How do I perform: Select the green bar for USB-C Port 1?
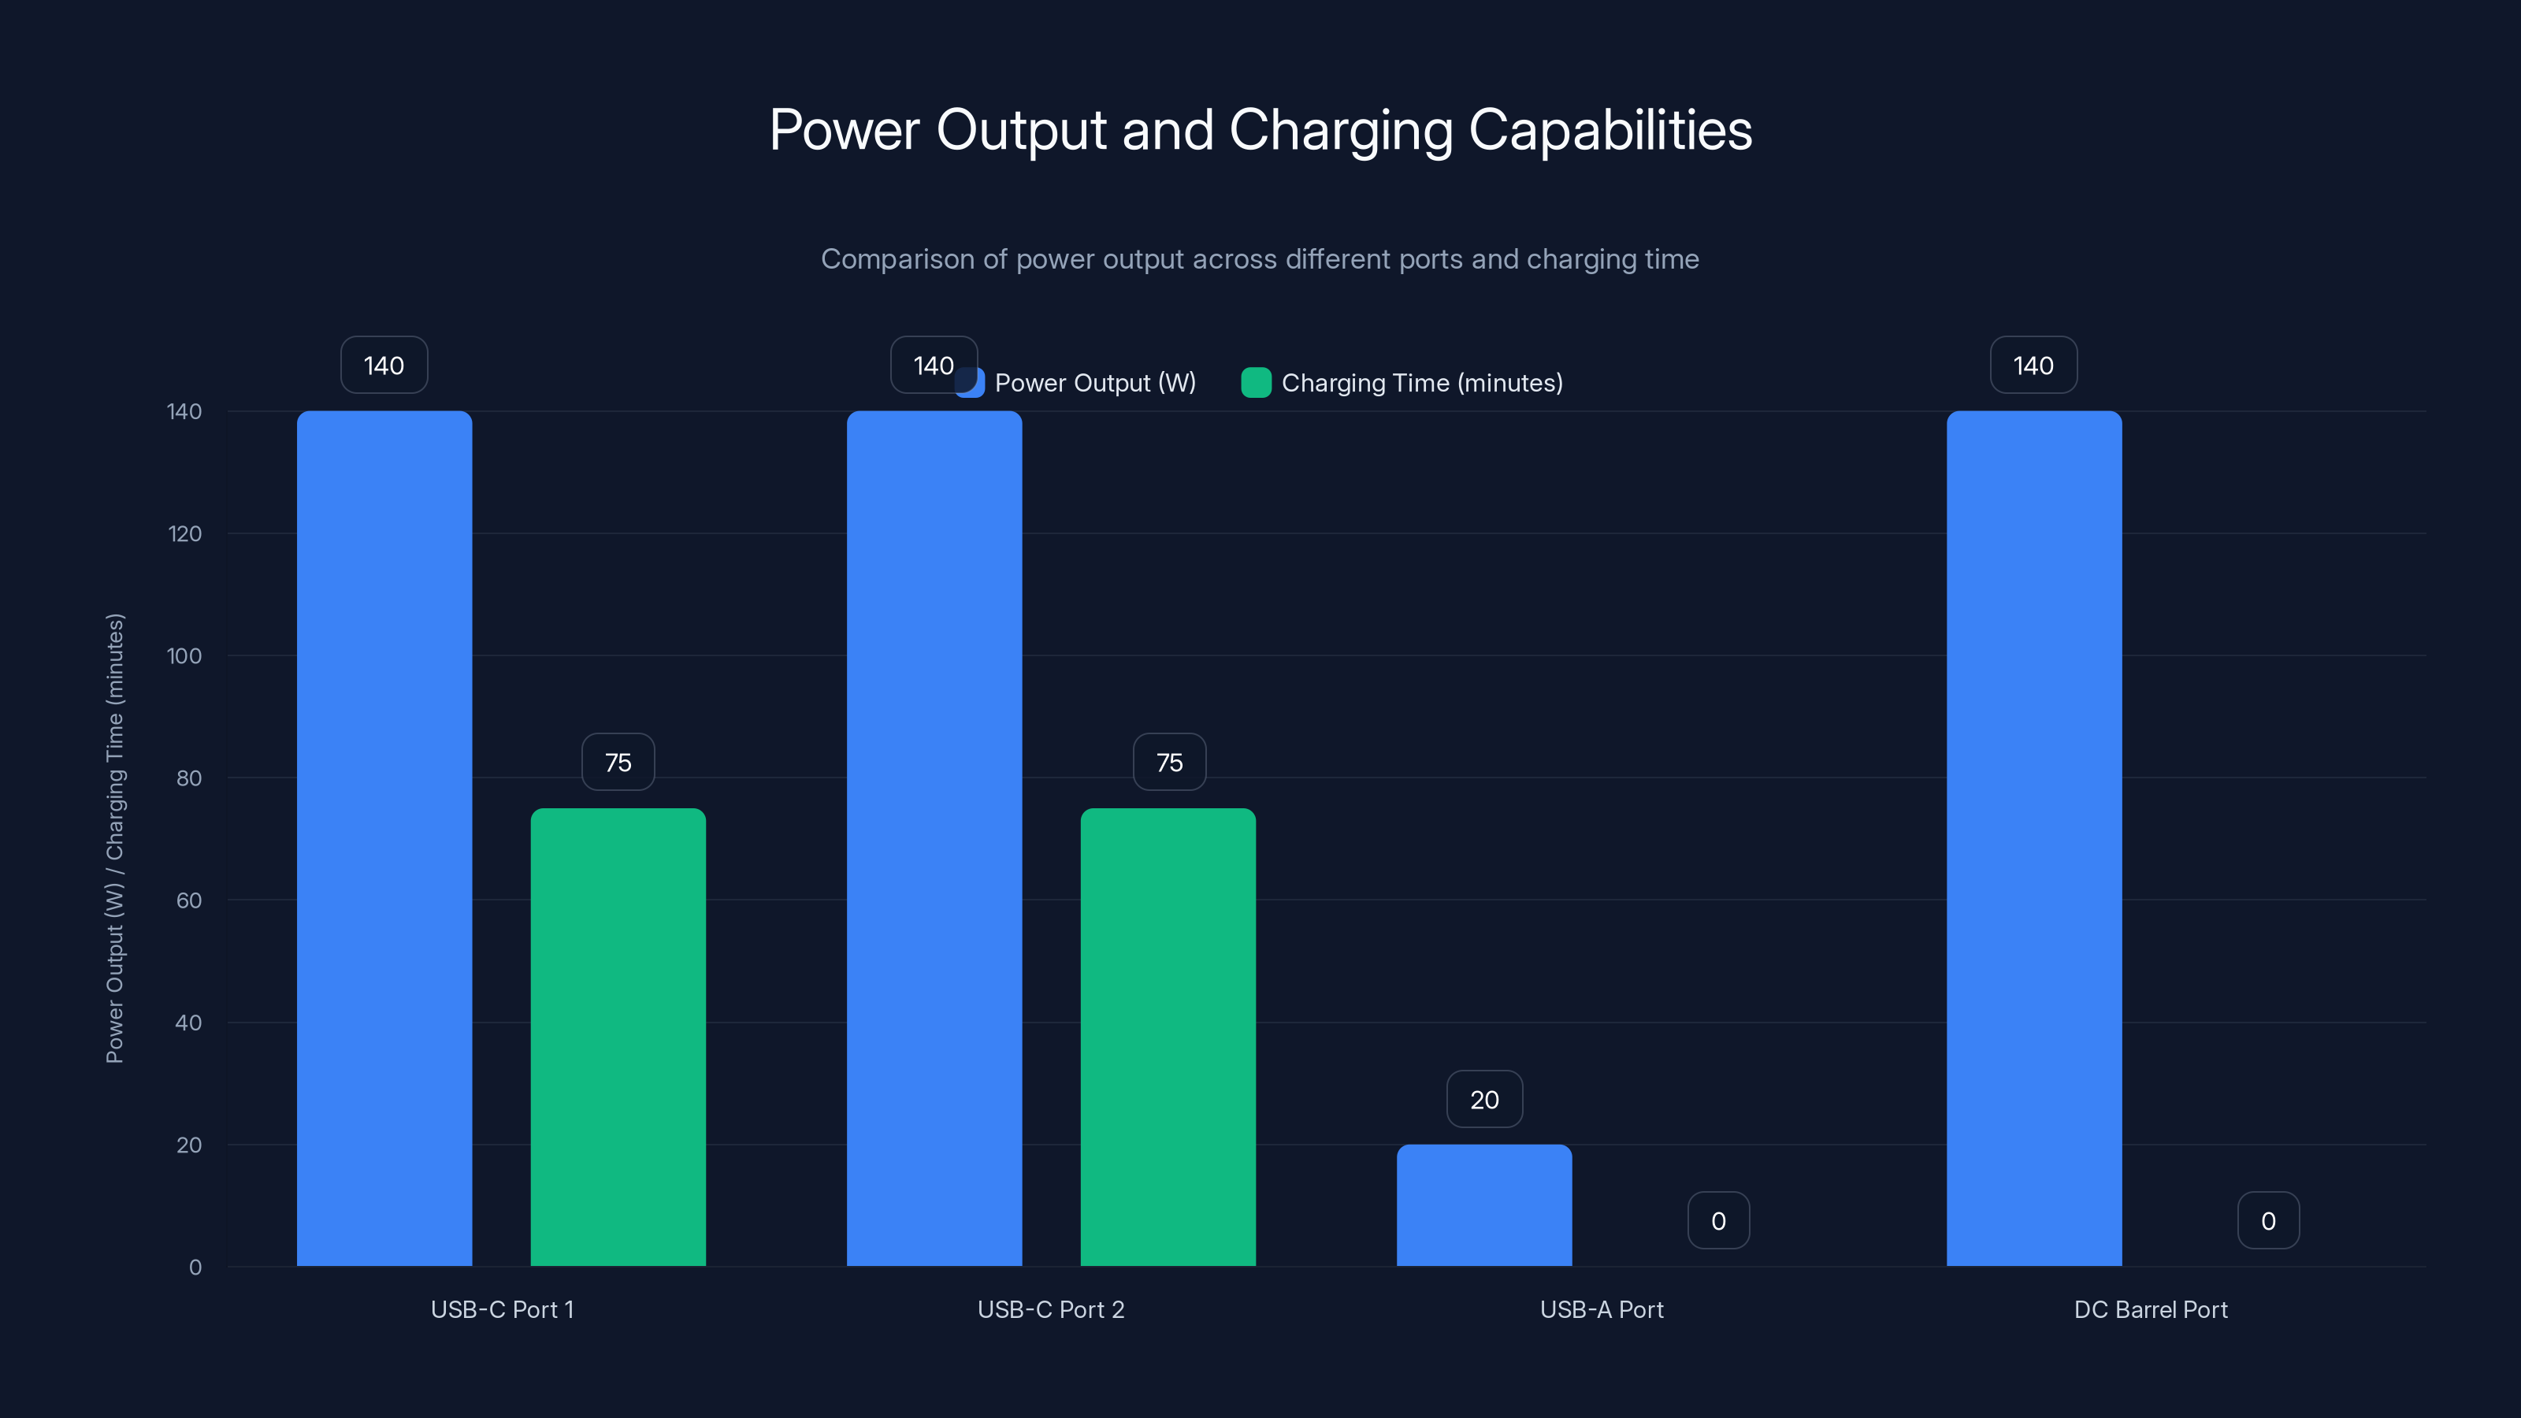point(618,1037)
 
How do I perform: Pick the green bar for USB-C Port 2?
point(1168,1037)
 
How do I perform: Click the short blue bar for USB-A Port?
point(1483,1205)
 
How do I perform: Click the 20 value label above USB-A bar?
point(1483,1099)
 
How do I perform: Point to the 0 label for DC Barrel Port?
point(2267,1220)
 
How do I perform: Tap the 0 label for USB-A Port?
point(1717,1220)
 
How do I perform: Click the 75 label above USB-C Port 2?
point(1168,763)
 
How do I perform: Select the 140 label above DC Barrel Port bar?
point(2033,365)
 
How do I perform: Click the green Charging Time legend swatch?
point(1256,383)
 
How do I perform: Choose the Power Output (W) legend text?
point(1094,383)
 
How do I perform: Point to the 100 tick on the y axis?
point(184,655)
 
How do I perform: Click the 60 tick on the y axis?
point(188,900)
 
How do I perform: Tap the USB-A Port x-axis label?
point(1601,1309)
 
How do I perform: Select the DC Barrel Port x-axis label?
point(2150,1309)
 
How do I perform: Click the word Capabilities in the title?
point(1610,130)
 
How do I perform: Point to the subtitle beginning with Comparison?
point(1260,259)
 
